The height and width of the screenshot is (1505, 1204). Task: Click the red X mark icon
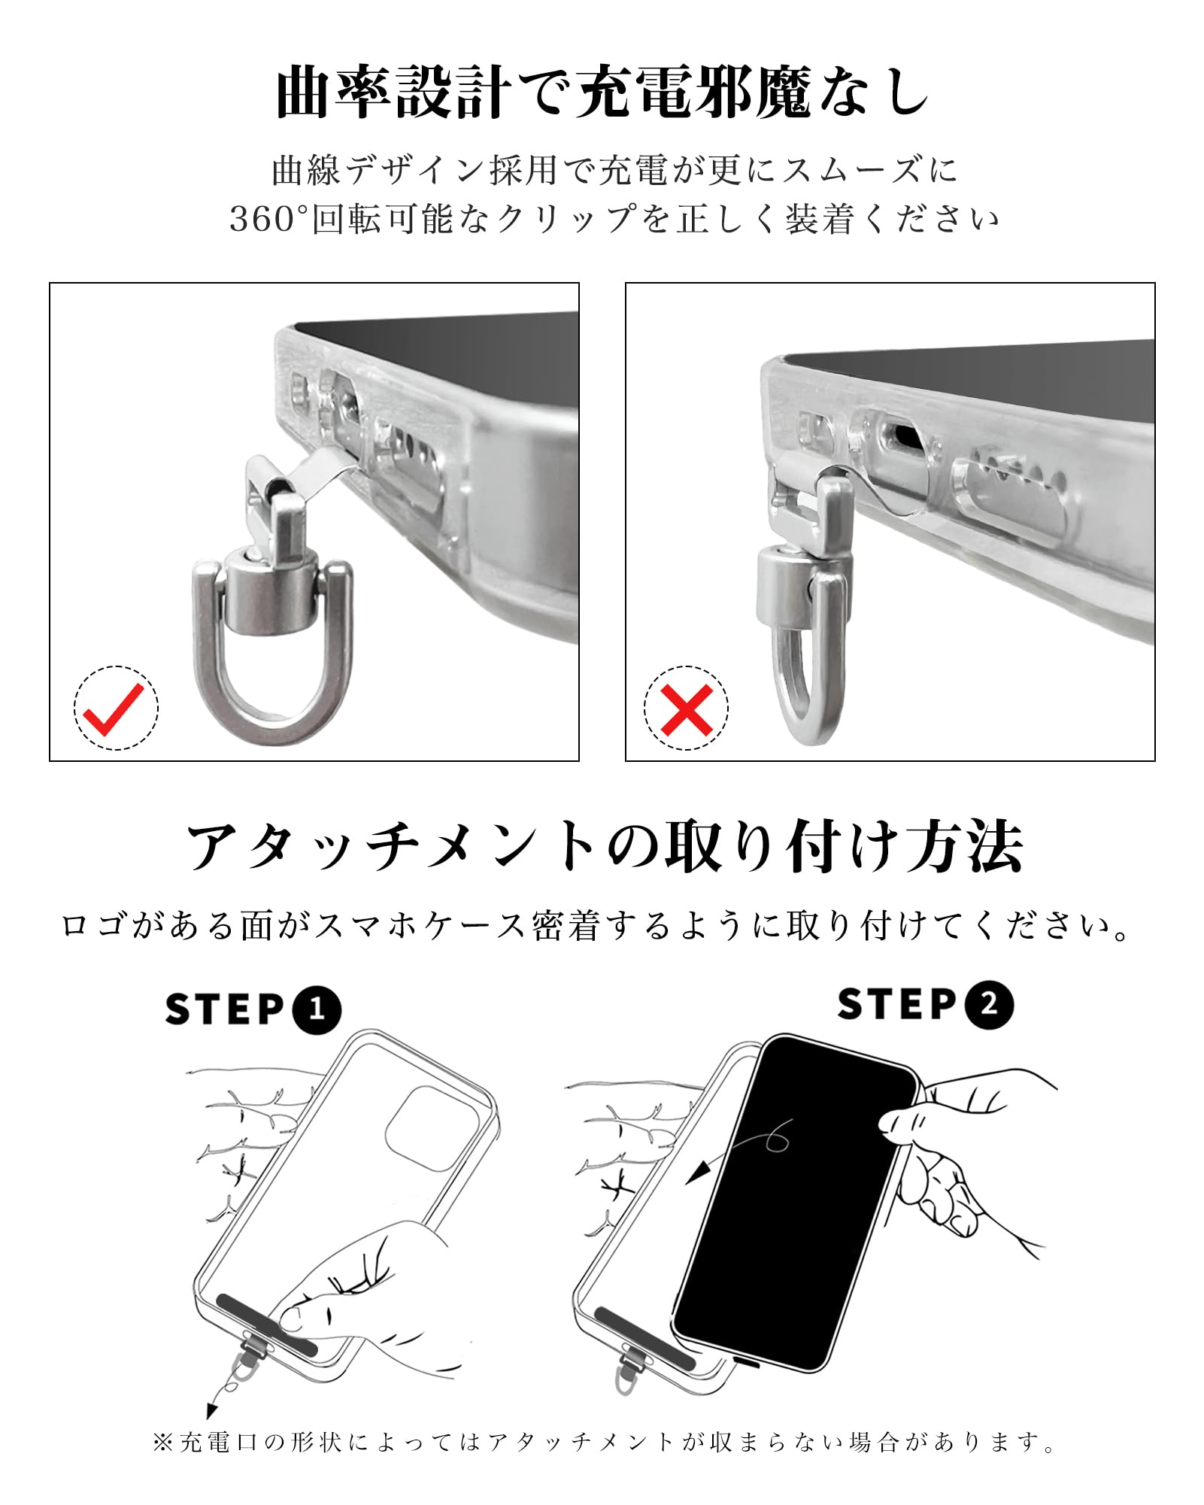coord(686,709)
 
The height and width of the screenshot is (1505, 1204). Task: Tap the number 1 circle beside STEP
coord(316,1009)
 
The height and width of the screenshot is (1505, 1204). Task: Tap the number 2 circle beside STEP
coord(988,1004)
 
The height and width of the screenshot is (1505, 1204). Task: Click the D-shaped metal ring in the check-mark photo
coord(205,662)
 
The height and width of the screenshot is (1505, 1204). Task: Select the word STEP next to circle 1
coord(224,1009)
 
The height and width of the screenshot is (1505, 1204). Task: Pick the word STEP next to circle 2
coord(896,1004)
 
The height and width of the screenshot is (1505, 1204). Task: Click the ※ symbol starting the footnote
coord(163,1442)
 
